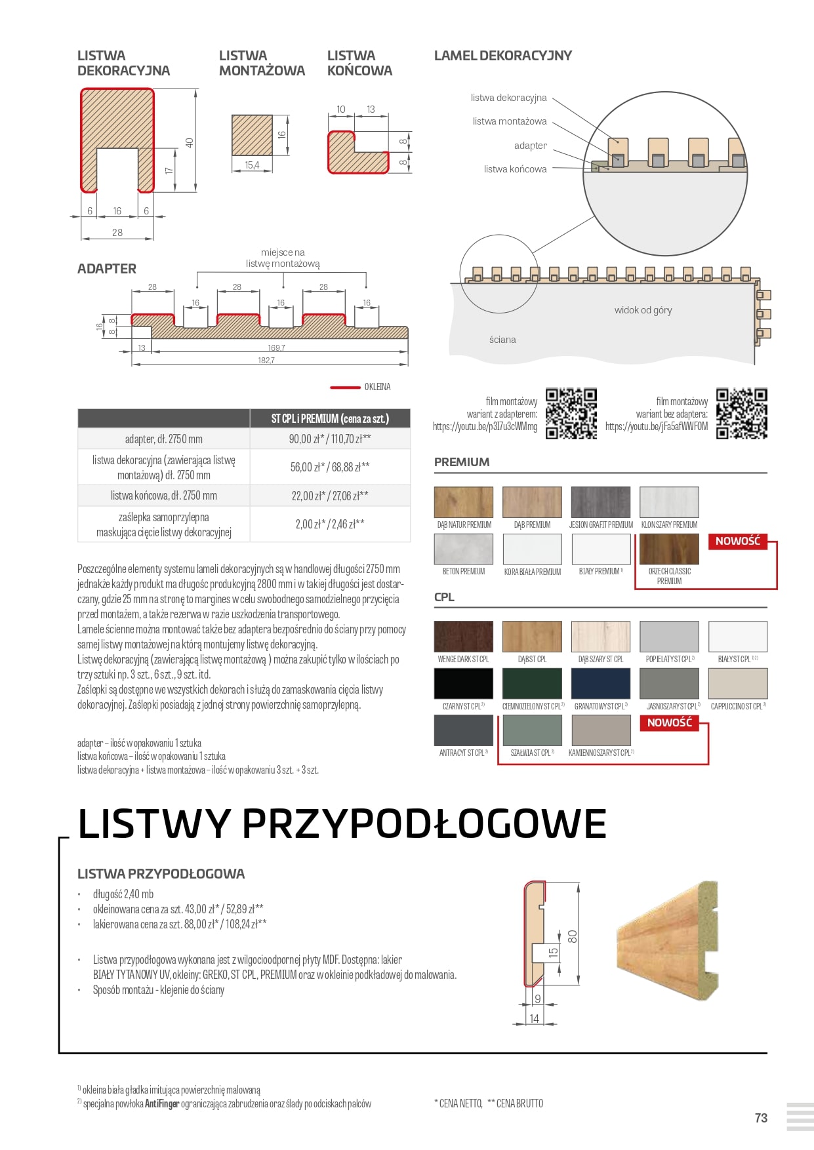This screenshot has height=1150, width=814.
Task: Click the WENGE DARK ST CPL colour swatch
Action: tap(463, 637)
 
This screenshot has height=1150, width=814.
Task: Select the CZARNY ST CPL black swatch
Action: tap(463, 684)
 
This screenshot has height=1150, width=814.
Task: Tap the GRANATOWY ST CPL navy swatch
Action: tap(600, 684)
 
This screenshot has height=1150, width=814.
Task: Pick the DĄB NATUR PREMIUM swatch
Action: tap(463, 502)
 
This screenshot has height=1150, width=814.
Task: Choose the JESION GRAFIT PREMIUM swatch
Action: tap(600, 502)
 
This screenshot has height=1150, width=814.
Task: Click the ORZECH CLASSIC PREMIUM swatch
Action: tap(669, 549)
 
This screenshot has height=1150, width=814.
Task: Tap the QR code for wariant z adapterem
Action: tap(571, 414)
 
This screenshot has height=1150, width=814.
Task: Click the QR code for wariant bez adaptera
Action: tap(742, 414)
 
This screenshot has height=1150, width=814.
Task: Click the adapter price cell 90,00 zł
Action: tap(330, 439)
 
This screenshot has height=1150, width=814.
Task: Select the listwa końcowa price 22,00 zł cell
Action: tap(330, 496)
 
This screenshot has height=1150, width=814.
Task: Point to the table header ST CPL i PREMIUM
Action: tap(330, 418)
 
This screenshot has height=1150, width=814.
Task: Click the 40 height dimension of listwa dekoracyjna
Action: tap(190, 142)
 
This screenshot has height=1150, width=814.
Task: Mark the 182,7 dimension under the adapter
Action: tap(266, 361)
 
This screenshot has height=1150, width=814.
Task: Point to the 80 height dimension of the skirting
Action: tap(572, 936)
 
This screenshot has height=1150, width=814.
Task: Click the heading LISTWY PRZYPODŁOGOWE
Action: tap(342, 824)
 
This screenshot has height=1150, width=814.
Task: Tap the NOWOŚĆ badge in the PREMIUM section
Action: tap(737, 542)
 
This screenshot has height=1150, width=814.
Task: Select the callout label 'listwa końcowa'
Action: tap(515, 169)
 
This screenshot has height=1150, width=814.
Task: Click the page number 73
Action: tap(761, 1118)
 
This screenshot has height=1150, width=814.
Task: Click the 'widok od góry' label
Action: tap(643, 310)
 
